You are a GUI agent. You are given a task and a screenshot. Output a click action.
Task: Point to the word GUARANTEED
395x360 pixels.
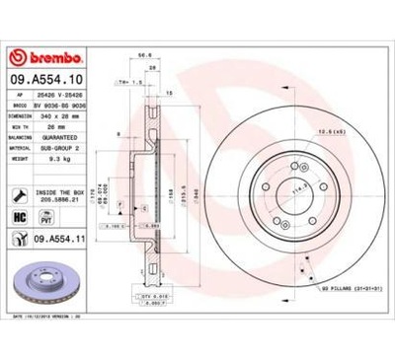pyautogui.click(x=63, y=137)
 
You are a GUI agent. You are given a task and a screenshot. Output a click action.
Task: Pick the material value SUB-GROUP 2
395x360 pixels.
pyautogui.click(x=63, y=146)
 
